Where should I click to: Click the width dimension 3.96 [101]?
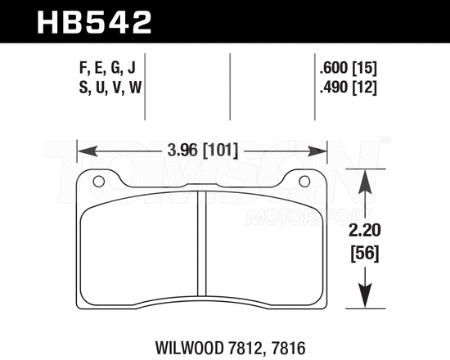coord(202,151)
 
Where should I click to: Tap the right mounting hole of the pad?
coord(305,182)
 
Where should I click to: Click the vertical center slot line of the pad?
coord(202,245)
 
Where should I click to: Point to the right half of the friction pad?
coord(262,250)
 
